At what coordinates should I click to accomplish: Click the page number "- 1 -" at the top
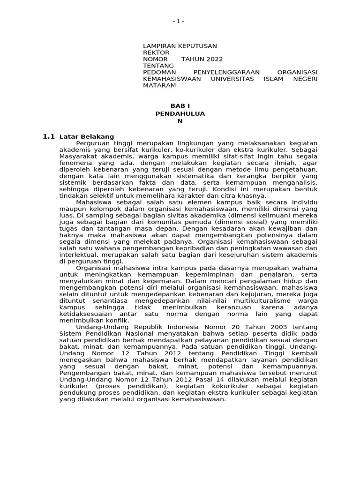(x=179, y=22)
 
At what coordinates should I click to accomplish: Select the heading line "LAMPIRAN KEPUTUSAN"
(x=180, y=46)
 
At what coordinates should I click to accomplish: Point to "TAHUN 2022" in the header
(x=202, y=59)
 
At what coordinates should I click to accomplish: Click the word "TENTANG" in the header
(x=158, y=66)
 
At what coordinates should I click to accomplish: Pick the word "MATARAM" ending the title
(x=159, y=85)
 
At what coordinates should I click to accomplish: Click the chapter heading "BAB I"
(x=180, y=106)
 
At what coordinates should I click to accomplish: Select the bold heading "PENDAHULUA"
(x=180, y=113)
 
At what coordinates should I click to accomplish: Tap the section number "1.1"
(x=48, y=136)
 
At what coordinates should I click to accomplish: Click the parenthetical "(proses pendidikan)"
(x=133, y=386)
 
